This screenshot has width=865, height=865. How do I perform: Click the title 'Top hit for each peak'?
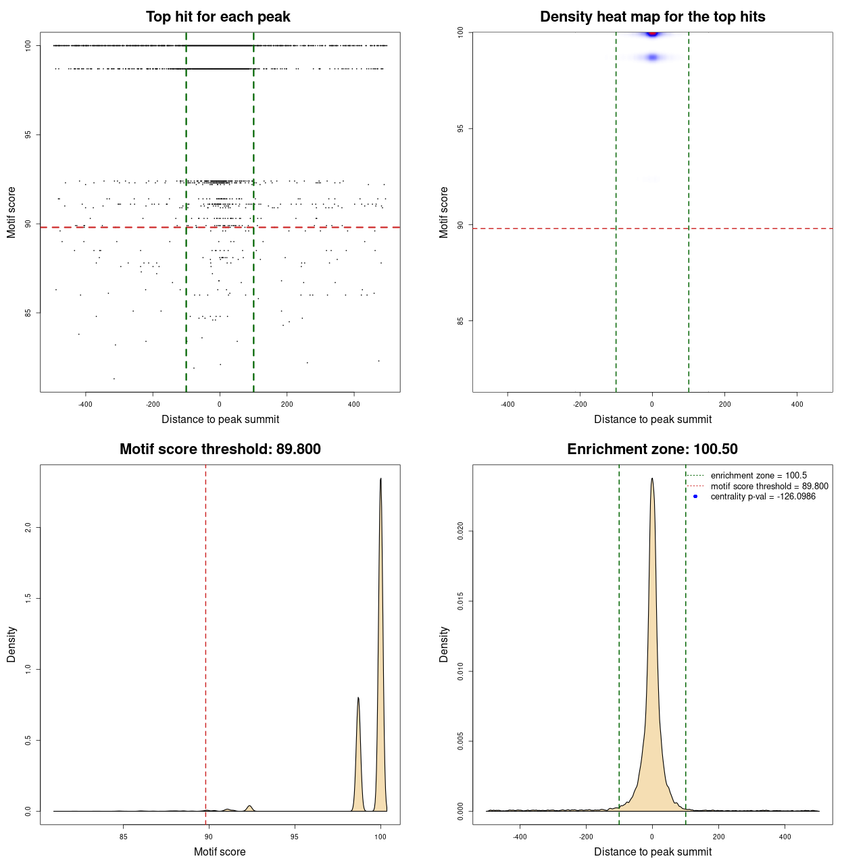[218, 17]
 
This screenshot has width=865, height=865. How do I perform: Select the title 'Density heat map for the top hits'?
[652, 17]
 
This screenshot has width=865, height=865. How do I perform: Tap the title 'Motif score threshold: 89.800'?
[220, 449]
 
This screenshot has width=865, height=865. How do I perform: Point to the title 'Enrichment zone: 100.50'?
[652, 449]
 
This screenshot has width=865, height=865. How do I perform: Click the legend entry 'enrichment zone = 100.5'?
[758, 476]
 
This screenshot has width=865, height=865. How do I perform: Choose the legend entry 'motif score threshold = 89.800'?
[769, 486]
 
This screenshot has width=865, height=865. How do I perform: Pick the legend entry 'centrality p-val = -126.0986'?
[763, 497]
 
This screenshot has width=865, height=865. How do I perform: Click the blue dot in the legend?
[695, 497]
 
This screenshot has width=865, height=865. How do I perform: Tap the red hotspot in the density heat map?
[652, 33]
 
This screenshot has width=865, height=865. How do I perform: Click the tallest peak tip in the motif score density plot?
[380, 479]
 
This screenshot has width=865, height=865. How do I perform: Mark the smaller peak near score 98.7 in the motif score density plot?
[358, 698]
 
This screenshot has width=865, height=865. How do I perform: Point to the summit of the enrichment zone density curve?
[652, 478]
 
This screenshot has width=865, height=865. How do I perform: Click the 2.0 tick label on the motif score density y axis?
[28, 527]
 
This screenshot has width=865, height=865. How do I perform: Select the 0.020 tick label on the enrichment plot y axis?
[461, 531]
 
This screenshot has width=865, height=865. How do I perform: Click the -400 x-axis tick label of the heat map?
[507, 405]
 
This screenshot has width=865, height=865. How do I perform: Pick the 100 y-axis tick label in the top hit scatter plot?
[28, 45]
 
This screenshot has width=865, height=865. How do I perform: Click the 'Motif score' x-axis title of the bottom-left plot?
[220, 852]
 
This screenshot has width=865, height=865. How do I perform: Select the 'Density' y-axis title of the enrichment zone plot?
[444, 644]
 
